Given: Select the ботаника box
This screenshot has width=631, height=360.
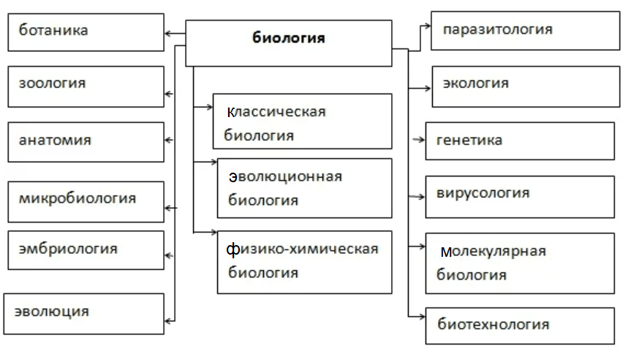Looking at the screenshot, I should pos(86,31).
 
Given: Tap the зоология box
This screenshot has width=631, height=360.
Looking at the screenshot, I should pos(86,86).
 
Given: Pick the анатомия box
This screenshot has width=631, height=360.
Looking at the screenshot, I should pos(86,142).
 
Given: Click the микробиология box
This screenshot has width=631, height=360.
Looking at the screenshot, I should pos(86,201).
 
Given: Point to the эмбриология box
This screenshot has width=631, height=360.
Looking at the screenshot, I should pos(86,250).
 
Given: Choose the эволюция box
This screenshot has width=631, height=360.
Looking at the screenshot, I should pos(84,313).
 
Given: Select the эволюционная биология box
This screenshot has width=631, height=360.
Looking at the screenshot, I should pos(304,187).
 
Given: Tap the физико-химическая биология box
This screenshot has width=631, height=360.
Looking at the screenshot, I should pos(304,262).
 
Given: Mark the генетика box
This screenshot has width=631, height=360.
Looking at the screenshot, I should pos(520,141).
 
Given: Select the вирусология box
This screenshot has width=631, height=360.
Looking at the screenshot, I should pos(520,197).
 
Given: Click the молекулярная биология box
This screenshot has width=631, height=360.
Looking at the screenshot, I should pos(520,263).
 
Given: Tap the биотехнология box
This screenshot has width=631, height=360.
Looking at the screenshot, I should pos(520,326).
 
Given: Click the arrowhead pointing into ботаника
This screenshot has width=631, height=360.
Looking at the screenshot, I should pos(168,33).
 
